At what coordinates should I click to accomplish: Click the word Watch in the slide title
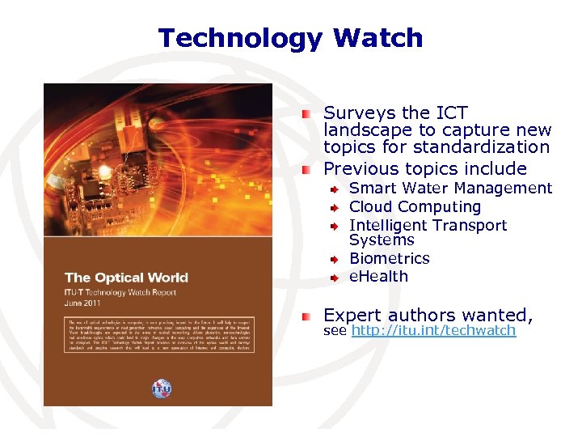click(x=377, y=38)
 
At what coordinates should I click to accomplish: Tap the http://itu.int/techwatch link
click(x=433, y=331)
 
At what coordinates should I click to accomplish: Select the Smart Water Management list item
click(x=450, y=188)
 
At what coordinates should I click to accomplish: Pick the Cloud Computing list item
click(x=415, y=206)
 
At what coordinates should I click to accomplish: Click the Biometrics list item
click(x=389, y=258)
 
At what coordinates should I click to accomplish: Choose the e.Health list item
click(x=378, y=276)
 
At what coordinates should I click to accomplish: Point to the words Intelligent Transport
click(x=428, y=225)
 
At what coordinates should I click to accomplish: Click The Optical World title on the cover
click(x=126, y=278)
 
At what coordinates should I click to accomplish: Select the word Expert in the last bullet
click(x=352, y=315)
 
